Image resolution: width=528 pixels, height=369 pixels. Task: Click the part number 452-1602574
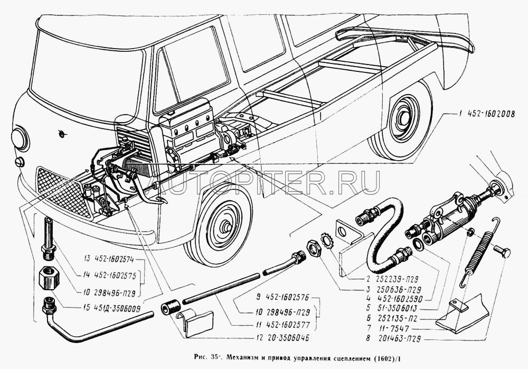[x=119, y=260]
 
